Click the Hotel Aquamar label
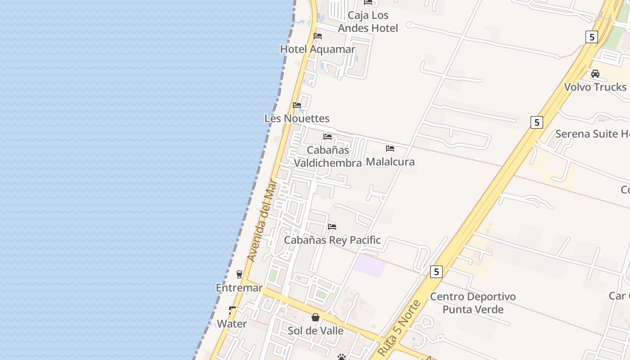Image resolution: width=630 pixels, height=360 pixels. pyautogui.click(x=318, y=49)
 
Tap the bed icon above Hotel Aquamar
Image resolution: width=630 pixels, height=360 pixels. pyautogui.click(x=318, y=36)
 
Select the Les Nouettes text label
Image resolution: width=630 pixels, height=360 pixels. pyautogui.click(x=297, y=118)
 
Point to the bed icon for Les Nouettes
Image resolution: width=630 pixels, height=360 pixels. pyautogui.click(x=297, y=105)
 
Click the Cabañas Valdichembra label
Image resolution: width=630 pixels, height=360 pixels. pyautogui.click(x=328, y=156)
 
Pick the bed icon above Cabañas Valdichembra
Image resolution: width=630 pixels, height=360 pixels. pyautogui.click(x=328, y=137)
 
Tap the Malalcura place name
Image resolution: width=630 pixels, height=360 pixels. pyautogui.click(x=390, y=162)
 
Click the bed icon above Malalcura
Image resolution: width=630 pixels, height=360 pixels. pyautogui.click(x=390, y=148)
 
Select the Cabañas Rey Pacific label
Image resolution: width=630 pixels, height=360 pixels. pyautogui.click(x=332, y=240)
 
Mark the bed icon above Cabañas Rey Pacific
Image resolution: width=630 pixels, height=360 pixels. pyautogui.click(x=332, y=226)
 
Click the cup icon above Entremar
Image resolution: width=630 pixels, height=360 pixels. pyautogui.click(x=239, y=274)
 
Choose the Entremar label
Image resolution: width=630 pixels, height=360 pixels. pyautogui.click(x=239, y=288)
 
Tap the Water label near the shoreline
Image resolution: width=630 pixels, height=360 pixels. pyautogui.click(x=232, y=324)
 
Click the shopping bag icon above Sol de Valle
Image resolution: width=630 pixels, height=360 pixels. pyautogui.click(x=315, y=317)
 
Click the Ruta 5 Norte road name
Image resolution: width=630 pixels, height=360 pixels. pyautogui.click(x=400, y=328)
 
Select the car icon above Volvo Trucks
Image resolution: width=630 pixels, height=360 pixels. pyautogui.click(x=595, y=74)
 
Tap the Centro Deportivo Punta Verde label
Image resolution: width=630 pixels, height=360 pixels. pyautogui.click(x=473, y=303)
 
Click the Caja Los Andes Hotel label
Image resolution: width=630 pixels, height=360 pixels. pyautogui.click(x=368, y=22)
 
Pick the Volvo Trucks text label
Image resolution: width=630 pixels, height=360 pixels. pyautogui.click(x=595, y=87)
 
